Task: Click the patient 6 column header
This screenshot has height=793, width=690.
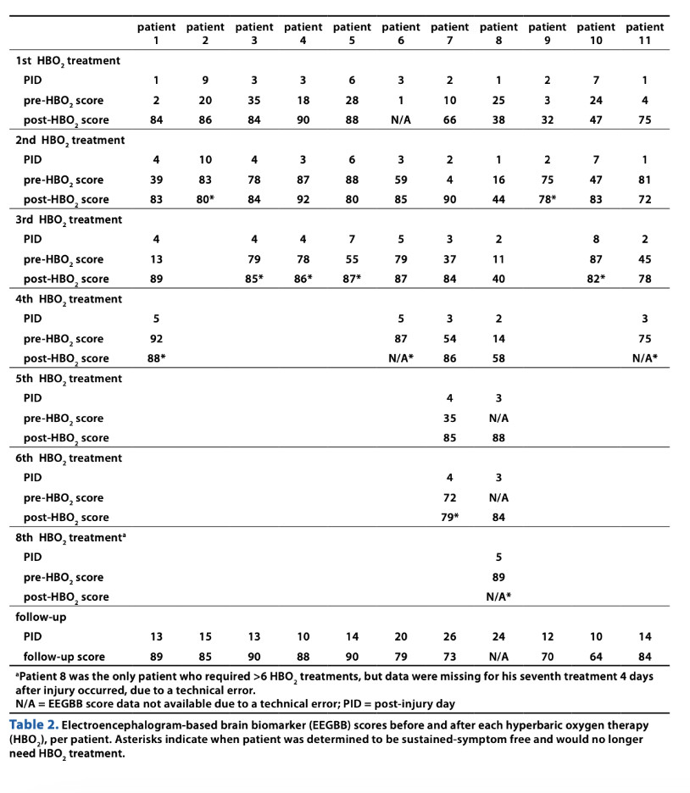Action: tap(401, 33)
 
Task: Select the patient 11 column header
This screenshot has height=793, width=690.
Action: tap(644, 33)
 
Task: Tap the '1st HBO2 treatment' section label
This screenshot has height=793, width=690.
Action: tap(68, 61)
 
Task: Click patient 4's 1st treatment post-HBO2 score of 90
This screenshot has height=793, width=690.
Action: tap(303, 120)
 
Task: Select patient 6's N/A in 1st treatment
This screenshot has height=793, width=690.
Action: tap(401, 120)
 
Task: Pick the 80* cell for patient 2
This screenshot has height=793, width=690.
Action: tap(207, 200)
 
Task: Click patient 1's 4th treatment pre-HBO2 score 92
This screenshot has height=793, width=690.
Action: tap(158, 339)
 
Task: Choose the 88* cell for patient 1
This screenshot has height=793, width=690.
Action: tap(159, 358)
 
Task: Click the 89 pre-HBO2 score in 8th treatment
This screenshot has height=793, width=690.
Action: tap(498, 577)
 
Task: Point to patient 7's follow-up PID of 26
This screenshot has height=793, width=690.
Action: tap(449, 636)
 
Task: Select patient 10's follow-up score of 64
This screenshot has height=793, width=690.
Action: tap(596, 657)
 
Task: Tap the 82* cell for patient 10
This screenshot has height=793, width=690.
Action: tap(598, 280)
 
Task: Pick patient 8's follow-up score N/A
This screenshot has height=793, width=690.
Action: tap(498, 657)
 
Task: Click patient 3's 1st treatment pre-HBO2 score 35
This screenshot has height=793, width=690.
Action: tap(255, 101)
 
